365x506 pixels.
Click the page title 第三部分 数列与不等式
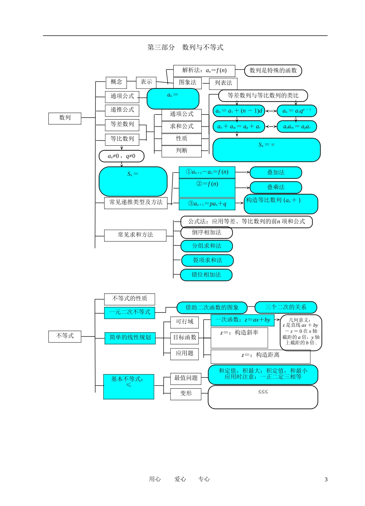(186, 47)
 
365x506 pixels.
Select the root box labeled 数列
(65, 118)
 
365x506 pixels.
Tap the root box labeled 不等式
(65, 336)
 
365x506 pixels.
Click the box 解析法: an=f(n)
(204, 70)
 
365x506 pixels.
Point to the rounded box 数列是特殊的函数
(273, 70)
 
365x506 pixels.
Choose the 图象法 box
(187, 83)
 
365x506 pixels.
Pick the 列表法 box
(223, 83)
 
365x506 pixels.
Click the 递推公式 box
(122, 110)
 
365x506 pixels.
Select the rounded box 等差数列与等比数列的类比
(263, 95)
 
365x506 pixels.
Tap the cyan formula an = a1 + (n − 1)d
(239, 111)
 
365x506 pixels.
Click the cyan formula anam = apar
(297, 126)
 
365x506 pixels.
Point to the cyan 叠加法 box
(276, 173)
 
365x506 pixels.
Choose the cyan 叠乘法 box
(276, 187)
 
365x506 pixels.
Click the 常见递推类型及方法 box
(136, 202)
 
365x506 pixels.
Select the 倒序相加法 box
(207, 232)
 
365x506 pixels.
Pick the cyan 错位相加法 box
(206, 275)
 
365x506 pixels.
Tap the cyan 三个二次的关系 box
(286, 307)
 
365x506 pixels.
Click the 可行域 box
(184, 322)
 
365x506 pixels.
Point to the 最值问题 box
(186, 378)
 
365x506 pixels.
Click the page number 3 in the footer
(326, 479)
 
